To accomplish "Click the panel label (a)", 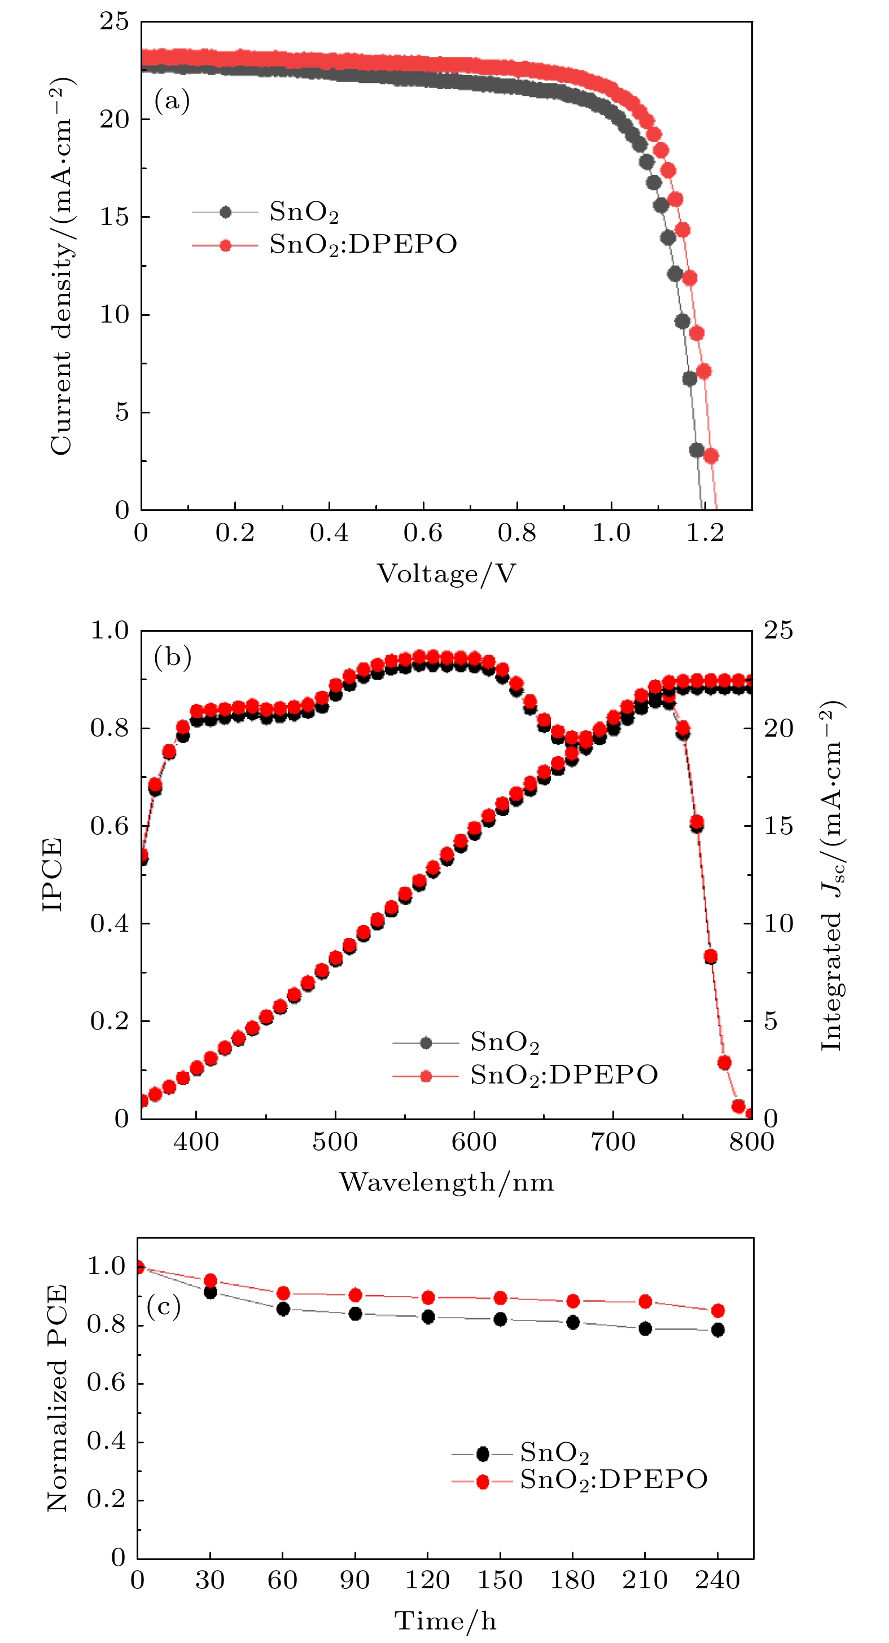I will point(172,101).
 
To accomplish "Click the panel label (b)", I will point(172,657).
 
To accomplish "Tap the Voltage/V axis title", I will point(445,574).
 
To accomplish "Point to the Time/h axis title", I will point(445,1620).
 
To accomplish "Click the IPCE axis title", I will point(53,874).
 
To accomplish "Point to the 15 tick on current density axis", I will point(115,217).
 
